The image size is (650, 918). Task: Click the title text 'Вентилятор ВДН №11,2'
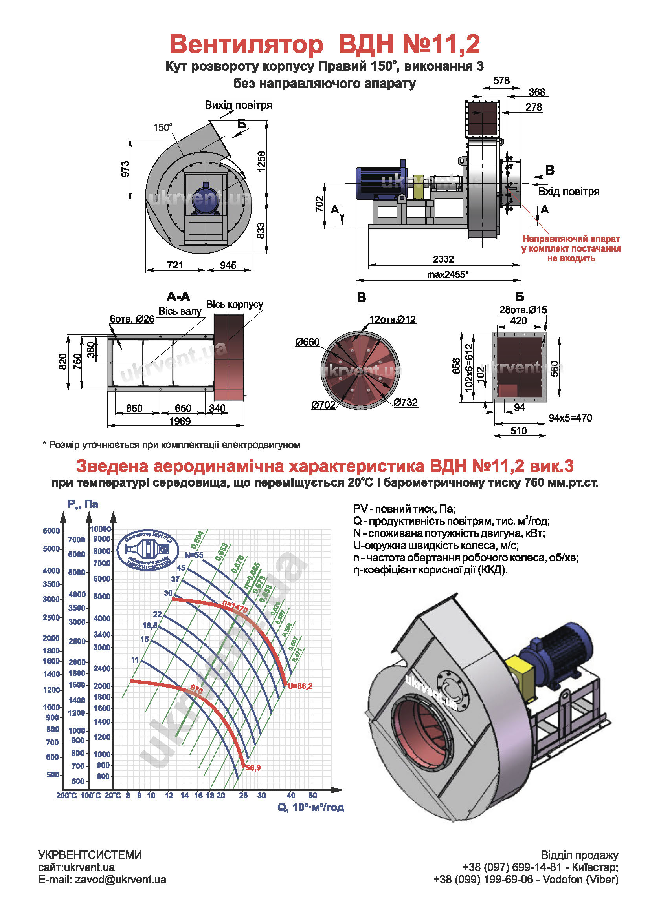pos(324,44)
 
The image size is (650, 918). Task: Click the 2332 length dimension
pos(443,259)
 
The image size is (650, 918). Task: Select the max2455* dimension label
pos(448,274)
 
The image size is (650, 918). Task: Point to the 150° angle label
pos(163,128)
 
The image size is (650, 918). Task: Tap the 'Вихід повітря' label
pos(239,105)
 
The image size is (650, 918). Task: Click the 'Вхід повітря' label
pos(568,192)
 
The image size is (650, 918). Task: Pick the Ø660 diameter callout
pos(307,342)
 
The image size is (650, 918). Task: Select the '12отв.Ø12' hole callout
pos(393,319)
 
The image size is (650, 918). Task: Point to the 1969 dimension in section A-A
pos(180,421)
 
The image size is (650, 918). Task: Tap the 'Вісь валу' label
pos(180,312)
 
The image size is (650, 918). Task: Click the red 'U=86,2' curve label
pos(300,686)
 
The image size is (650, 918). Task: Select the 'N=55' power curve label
pos(194,555)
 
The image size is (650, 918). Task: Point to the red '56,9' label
pos(253,768)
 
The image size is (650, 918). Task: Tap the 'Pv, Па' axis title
pos(83,504)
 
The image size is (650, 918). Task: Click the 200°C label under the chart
pos(66,796)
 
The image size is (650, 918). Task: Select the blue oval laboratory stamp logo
pos(148,551)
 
